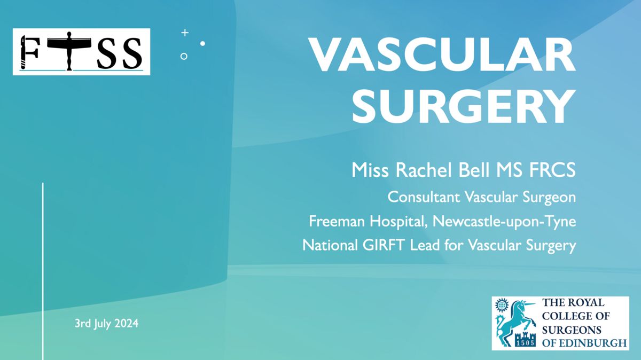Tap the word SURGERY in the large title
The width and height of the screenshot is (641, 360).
464,106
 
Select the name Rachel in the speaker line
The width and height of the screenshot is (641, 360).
423,170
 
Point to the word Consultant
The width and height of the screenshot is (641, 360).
424,197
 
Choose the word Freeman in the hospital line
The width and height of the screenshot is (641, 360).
337,221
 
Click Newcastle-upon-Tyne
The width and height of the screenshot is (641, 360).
504,222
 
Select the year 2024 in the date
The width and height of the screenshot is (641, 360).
126,323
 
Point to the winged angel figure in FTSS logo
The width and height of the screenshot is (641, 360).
69,51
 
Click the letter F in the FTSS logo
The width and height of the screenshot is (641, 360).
29,52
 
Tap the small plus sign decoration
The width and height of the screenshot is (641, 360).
185,33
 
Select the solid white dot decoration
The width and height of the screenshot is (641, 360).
202,43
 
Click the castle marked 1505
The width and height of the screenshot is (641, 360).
525,339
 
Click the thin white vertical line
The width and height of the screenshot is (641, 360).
43,271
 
